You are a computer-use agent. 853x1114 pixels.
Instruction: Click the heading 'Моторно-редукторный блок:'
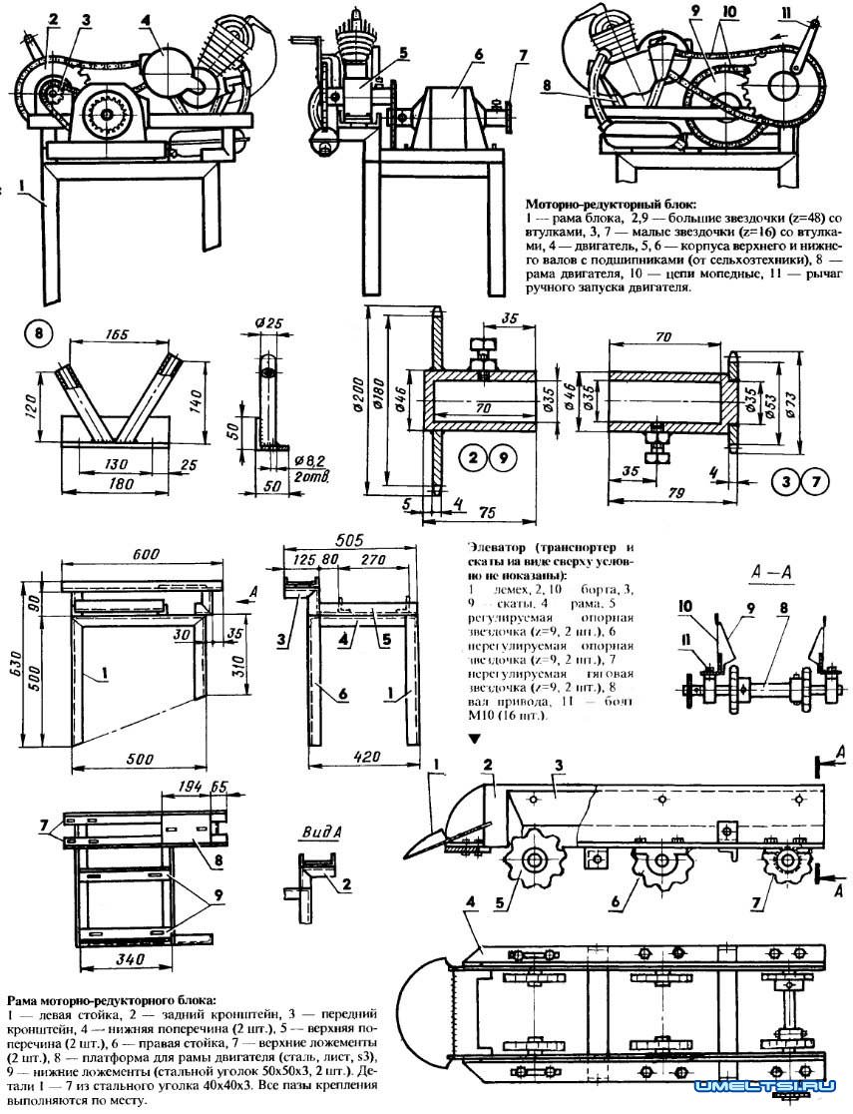(x=596, y=202)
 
